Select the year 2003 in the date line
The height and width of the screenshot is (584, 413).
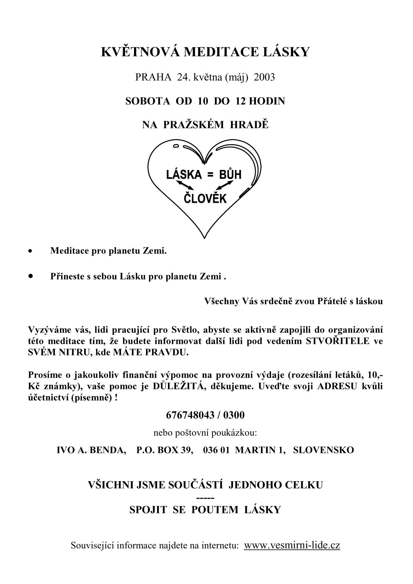coord(264,77)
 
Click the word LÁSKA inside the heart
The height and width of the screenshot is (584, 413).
coord(184,175)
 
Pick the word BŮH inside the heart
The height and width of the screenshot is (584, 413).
coord(230,175)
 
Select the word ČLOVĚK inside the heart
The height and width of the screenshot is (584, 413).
coord(205,199)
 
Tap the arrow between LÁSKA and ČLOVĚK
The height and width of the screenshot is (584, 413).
coord(185,185)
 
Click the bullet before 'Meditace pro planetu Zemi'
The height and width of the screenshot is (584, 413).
coord(31,252)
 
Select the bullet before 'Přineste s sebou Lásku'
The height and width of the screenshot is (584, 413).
coord(31,276)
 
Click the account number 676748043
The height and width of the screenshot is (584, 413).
coord(190,415)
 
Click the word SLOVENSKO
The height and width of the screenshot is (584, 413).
coord(323,450)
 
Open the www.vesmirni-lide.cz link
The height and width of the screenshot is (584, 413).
coord(292,545)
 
